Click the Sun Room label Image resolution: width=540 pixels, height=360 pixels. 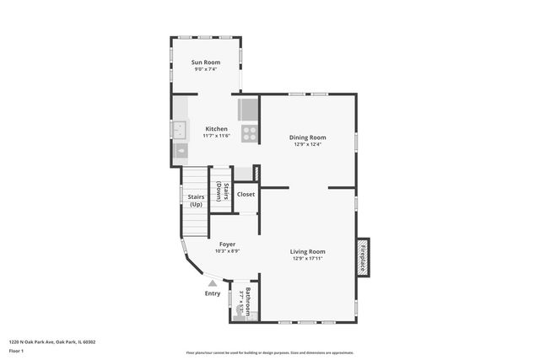(x=206, y=62)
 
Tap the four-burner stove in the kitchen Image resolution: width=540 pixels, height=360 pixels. (x=250, y=132)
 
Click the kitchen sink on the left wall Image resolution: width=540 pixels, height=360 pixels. (x=180, y=130)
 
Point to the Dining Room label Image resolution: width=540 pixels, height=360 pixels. (x=308, y=137)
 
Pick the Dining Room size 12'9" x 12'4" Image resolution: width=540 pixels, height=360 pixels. (x=308, y=144)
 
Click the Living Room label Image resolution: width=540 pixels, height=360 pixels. (x=308, y=251)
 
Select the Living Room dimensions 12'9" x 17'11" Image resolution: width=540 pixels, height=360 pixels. (x=308, y=259)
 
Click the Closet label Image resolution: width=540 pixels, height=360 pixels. (x=246, y=194)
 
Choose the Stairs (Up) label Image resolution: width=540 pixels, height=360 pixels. (x=196, y=201)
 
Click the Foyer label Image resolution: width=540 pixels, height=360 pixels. (x=228, y=243)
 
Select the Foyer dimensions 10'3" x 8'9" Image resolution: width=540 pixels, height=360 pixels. (x=228, y=250)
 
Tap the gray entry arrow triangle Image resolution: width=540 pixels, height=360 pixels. (x=213, y=284)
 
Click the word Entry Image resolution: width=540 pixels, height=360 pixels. (x=213, y=293)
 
